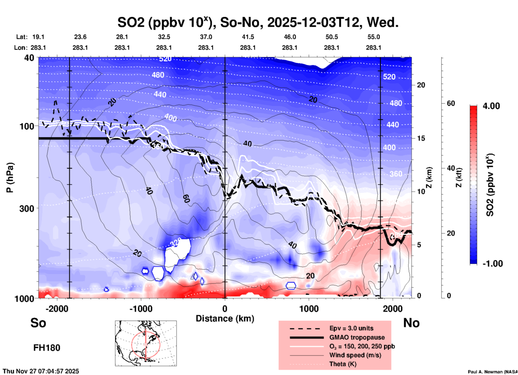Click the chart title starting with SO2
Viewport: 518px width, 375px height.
tap(258, 22)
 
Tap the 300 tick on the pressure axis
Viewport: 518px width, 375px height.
tap(27, 208)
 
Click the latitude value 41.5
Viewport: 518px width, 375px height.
tap(248, 37)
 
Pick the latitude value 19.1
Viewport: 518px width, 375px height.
tap(38, 37)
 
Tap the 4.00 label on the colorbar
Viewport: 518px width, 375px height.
tap(491, 106)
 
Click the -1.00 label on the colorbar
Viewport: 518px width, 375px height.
tap(492, 264)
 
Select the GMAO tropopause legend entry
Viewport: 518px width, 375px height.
tap(357, 337)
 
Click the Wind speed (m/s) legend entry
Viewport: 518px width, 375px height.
tap(355, 355)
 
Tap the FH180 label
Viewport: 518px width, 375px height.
tap(47, 348)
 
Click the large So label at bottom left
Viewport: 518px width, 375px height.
tap(38, 323)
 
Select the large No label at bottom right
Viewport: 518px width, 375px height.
tap(411, 323)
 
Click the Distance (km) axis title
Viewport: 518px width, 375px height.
tap(225, 319)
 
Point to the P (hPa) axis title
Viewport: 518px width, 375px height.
tap(10, 178)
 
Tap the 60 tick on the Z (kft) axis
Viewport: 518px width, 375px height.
tap(451, 103)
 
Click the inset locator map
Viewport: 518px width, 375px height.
tap(146, 343)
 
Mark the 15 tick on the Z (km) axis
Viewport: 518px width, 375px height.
tap(421, 138)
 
